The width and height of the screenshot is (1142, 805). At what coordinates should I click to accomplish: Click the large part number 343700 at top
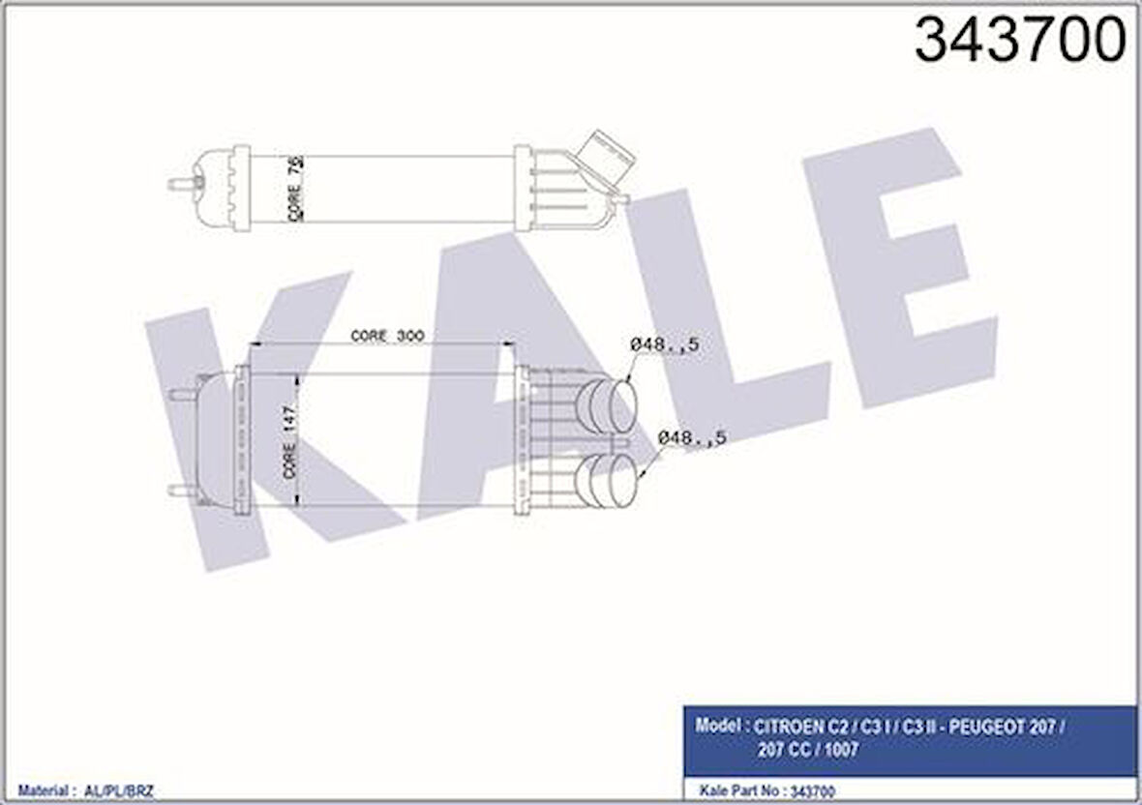(x=1020, y=41)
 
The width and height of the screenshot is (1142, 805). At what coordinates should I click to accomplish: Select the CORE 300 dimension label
(x=387, y=336)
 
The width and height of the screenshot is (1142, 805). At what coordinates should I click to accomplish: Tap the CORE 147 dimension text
(x=290, y=440)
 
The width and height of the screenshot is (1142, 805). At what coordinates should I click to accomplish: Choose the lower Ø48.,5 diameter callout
(x=692, y=438)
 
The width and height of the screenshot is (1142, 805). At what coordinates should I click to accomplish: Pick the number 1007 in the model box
(x=839, y=749)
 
